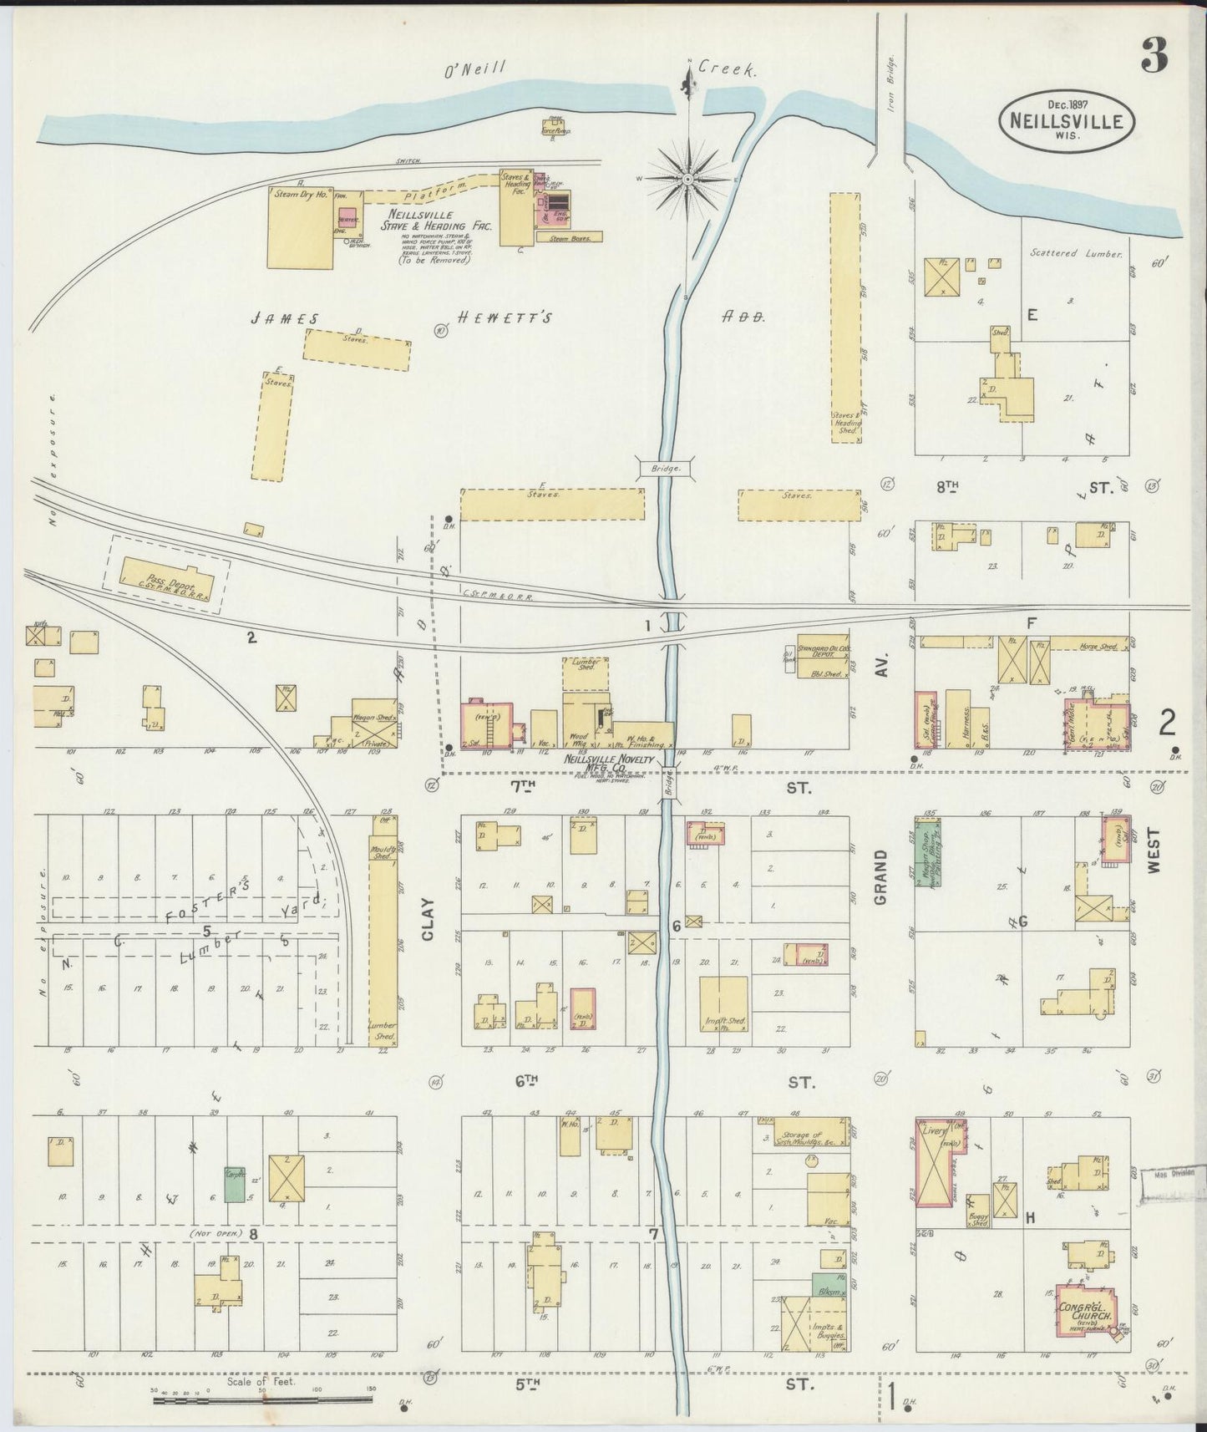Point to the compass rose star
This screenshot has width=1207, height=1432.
(x=687, y=179)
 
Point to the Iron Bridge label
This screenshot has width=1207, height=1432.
(x=891, y=97)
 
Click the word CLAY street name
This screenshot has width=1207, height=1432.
(x=429, y=920)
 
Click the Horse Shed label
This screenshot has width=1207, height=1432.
(x=1097, y=647)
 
